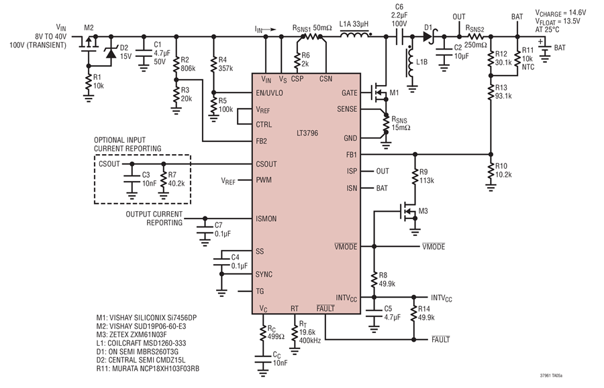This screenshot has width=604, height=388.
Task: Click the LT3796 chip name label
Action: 307,133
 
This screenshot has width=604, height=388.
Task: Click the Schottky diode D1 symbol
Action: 428,37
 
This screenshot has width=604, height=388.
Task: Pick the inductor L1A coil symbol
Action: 356,35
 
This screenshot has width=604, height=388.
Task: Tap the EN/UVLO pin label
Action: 269,93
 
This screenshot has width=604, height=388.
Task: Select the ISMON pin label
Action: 266,219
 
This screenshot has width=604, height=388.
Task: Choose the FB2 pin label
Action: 261,141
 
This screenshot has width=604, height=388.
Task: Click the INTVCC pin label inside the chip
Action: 346,298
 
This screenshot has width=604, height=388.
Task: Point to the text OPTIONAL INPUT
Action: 120,140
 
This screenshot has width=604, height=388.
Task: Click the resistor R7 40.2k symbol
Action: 163,181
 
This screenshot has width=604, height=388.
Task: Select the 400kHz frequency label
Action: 309,340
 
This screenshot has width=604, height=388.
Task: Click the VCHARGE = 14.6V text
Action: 560,13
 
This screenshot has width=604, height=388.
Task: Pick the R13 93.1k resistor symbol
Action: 491,92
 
